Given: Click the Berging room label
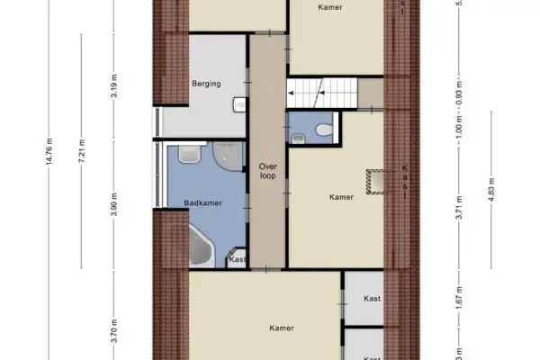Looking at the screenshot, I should pyautogui.click(x=205, y=85).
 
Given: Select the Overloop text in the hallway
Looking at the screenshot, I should pyautogui.click(x=267, y=171).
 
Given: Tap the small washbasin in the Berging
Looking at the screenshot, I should pyautogui.click(x=240, y=105).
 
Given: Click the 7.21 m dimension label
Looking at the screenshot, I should pyautogui.click(x=82, y=151).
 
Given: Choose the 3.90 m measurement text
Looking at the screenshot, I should pyautogui.click(x=114, y=206).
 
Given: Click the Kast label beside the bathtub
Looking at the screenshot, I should pyautogui.click(x=237, y=260).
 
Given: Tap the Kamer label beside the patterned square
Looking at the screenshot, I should pyautogui.click(x=341, y=197).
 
